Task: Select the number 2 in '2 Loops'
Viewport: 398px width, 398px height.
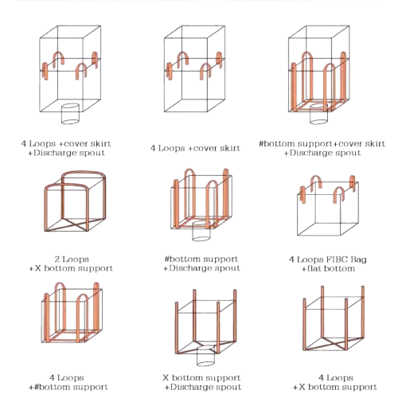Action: [57, 259]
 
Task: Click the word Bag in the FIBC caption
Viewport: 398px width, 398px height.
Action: [358, 259]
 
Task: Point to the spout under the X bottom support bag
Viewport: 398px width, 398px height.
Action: [205, 356]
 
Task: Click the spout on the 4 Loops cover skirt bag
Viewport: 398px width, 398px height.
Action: [70, 114]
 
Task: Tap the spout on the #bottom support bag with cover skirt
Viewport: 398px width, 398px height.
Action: [319, 114]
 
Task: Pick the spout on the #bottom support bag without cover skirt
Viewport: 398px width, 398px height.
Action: [201, 231]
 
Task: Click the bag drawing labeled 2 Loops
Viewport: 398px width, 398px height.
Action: [75, 201]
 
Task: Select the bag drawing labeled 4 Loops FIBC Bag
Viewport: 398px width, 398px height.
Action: [328, 205]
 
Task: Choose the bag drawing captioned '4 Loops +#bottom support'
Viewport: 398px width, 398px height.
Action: [72, 313]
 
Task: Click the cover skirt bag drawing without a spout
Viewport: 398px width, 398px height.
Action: [194, 68]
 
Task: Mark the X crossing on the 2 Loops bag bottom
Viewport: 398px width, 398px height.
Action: [75, 224]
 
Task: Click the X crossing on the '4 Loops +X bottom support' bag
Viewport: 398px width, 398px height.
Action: [334, 344]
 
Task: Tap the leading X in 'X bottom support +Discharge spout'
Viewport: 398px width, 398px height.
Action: [166, 377]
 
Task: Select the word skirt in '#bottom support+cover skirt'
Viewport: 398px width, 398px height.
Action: [375, 143]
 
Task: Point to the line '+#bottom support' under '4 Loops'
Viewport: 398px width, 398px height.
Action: [68, 387]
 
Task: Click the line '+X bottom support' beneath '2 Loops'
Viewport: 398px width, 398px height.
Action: [71, 268]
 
